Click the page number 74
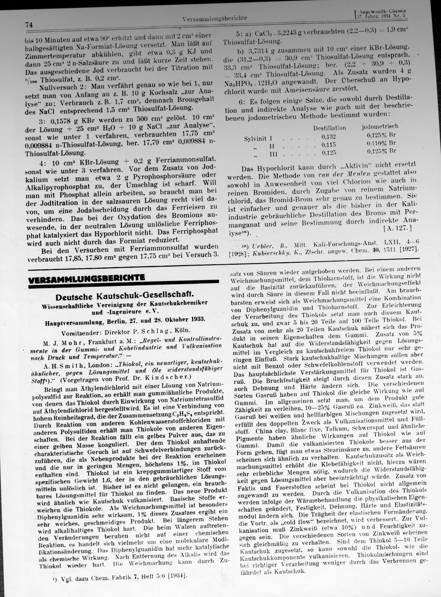tap(28, 24)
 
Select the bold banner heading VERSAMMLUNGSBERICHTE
tap(87, 278)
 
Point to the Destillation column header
tap(329, 128)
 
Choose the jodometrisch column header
tap(380, 127)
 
